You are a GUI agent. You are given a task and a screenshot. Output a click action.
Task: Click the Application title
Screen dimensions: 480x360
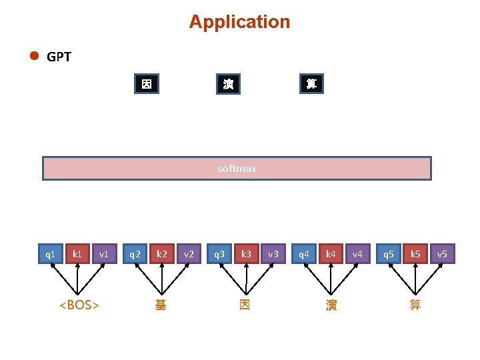[239, 22]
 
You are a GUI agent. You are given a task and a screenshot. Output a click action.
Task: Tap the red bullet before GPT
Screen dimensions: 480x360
[34, 56]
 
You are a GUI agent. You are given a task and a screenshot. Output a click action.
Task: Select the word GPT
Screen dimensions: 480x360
[59, 57]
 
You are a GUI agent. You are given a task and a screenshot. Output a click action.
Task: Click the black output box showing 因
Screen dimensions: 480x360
[147, 83]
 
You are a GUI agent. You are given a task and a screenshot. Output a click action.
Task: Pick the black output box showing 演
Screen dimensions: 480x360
[229, 84]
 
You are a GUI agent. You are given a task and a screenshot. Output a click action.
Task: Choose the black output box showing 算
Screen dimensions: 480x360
[311, 83]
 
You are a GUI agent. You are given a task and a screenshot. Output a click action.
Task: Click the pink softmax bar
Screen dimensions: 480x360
[237, 169]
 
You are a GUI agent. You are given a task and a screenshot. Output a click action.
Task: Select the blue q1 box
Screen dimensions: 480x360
[51, 254]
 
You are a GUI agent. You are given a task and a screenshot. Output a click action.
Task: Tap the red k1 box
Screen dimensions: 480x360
[77, 254]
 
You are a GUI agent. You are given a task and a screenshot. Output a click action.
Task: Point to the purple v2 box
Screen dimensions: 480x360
[189, 254]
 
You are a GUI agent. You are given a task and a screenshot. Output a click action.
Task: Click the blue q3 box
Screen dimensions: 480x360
[219, 254]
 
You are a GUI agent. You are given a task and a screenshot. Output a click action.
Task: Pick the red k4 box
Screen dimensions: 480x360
[331, 254]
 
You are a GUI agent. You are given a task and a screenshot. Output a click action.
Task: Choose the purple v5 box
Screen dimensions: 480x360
[443, 254]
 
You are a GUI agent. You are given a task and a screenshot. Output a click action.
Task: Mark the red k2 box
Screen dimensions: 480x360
[162, 254]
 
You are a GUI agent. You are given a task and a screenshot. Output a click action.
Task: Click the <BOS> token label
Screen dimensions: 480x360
[79, 305]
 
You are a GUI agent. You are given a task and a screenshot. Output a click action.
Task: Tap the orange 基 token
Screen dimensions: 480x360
[161, 305]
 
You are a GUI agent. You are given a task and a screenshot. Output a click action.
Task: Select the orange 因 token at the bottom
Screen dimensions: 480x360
[245, 305]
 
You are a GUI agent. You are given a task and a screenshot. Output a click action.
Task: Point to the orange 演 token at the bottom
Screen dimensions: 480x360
[331, 305]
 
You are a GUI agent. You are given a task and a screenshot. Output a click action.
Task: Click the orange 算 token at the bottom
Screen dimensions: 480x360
[415, 305]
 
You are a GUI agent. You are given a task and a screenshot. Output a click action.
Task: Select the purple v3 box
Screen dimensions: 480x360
[273, 254]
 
